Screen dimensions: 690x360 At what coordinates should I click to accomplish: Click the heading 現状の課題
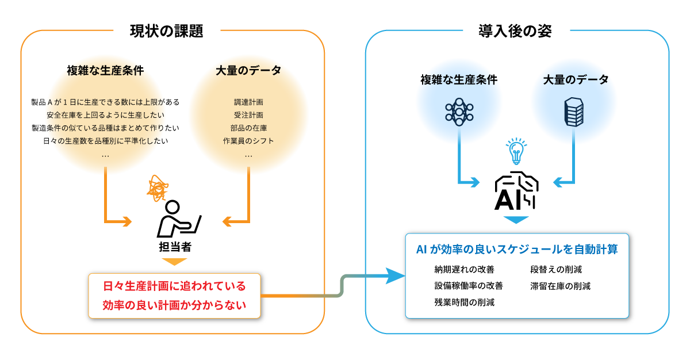tap(166, 31)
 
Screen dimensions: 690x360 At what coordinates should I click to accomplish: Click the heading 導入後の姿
tap(515, 31)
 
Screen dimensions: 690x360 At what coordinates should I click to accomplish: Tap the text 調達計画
tap(248, 102)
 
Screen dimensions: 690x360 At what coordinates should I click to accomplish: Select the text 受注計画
tap(248, 115)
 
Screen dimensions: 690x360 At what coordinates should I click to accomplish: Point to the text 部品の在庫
tap(248, 128)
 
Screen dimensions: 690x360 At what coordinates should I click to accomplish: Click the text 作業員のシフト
tap(248, 141)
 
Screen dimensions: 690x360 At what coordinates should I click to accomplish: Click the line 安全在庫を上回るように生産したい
tap(105, 115)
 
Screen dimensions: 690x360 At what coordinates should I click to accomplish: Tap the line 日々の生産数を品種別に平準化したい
tap(105, 141)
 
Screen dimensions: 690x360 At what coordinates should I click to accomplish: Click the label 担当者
tap(175, 247)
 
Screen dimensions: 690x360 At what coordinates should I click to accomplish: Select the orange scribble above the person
tap(158, 188)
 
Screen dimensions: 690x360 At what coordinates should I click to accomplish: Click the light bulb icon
tap(516, 151)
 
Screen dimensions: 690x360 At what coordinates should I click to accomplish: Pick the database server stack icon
tap(574, 112)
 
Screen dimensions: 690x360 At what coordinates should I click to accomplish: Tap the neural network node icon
tap(459, 112)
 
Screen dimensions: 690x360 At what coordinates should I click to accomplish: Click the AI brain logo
tap(516, 191)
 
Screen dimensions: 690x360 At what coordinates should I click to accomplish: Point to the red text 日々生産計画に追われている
tap(174, 286)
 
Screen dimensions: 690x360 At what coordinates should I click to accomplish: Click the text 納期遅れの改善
tap(464, 270)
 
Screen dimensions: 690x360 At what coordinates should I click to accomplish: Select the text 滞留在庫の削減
tap(560, 286)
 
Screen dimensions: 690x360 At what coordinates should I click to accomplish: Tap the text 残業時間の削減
tap(464, 302)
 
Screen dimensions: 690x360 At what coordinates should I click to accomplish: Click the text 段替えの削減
tap(556, 270)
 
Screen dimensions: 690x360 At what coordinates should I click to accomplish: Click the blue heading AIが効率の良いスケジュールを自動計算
tap(517, 249)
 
